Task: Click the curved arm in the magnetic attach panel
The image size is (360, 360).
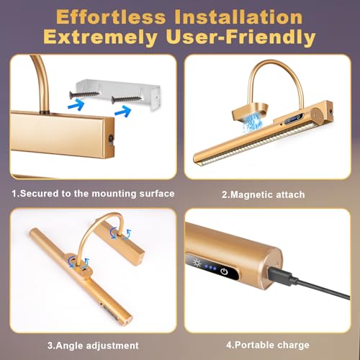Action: coord(268,72)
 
